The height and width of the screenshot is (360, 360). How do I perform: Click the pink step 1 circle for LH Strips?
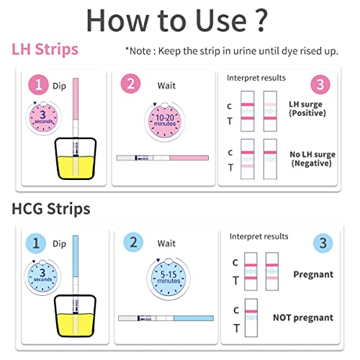click(x=38, y=85)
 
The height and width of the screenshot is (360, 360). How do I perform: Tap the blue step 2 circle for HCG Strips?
click(x=133, y=242)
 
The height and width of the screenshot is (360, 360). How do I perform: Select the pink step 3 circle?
click(x=320, y=84)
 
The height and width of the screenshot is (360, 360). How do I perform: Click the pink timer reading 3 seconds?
click(x=43, y=117)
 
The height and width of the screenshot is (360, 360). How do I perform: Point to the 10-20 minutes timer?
click(x=165, y=121)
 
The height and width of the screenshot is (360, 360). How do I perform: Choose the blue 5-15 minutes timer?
click(x=168, y=279)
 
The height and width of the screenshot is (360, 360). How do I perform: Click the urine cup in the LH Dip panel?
click(x=76, y=158)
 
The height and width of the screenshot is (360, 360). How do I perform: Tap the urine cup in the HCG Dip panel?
click(x=76, y=316)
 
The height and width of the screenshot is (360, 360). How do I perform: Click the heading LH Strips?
click(x=45, y=49)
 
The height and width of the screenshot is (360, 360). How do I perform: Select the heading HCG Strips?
click(x=51, y=209)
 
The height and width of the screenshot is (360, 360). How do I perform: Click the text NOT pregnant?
click(x=303, y=318)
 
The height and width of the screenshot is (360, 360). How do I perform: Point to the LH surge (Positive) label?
click(x=307, y=109)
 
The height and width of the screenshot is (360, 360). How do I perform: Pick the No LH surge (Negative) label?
click(x=312, y=158)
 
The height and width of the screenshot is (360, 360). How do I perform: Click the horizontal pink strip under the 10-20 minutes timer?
click(x=163, y=158)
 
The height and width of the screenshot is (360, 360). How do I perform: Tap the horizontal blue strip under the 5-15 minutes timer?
click(x=166, y=318)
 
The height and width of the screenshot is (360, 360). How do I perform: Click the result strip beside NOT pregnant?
click(x=251, y=318)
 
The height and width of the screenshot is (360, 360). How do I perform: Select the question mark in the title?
click(x=261, y=20)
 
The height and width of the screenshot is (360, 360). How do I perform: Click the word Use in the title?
click(x=221, y=20)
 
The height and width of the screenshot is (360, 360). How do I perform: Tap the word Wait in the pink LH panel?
click(x=166, y=86)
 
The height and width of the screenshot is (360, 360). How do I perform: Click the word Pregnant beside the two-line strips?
click(x=313, y=274)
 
